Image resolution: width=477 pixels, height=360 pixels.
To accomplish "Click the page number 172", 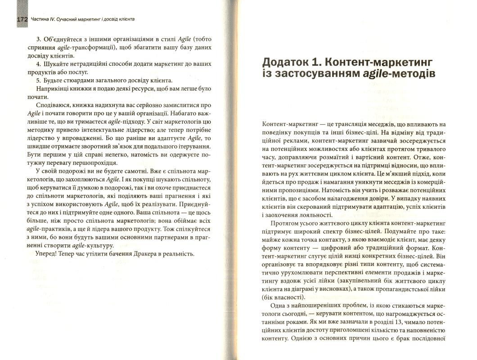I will coord(22,20).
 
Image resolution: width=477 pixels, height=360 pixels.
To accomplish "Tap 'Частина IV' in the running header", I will coord(45,20).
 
